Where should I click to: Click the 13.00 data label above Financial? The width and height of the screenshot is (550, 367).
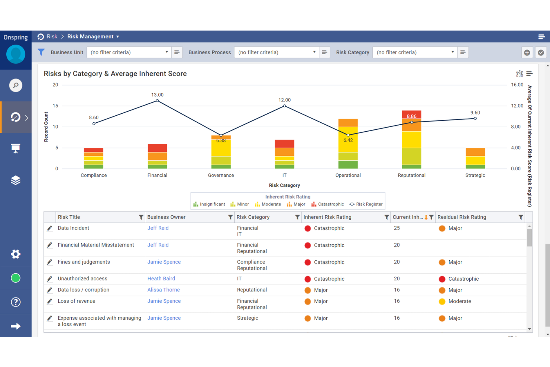pos(157,95)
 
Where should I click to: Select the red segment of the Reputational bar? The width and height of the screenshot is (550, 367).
pos(411,114)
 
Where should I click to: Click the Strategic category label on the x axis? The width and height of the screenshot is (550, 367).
pos(475,175)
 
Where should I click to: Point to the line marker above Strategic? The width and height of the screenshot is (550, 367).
pos(475,119)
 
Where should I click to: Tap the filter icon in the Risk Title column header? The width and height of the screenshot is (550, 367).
pos(141,217)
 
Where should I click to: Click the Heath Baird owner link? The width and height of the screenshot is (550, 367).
pos(161,279)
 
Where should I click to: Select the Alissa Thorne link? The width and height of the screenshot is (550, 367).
pos(164,290)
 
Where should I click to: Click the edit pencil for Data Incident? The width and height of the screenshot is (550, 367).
pos(49,228)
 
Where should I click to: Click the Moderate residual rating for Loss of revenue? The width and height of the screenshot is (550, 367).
pos(459,301)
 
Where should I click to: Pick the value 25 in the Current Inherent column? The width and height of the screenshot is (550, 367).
pos(397,228)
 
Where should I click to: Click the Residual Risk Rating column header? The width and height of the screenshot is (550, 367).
pos(462,217)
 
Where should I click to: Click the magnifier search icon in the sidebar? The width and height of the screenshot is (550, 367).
pos(16,86)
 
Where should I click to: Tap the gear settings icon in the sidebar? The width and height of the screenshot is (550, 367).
pos(16,254)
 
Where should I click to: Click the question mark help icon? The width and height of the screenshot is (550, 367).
pos(16,302)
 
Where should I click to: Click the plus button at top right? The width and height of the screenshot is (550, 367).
pos(527,52)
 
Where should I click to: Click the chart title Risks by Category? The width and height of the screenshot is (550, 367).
pos(115,74)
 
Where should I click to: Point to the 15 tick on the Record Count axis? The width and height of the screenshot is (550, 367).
pos(55,106)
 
